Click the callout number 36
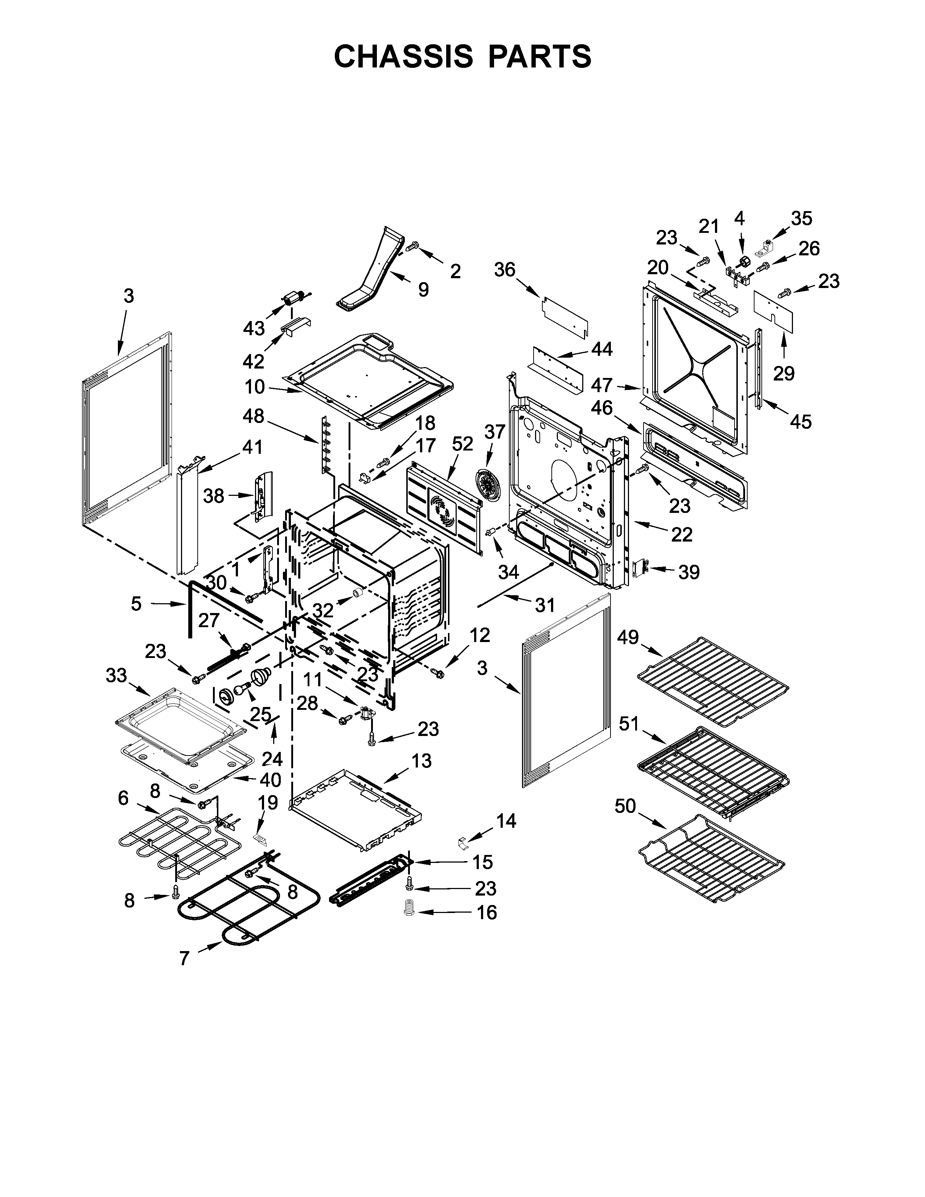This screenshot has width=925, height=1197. tap(505, 270)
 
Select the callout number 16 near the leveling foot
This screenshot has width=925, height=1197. tap(486, 913)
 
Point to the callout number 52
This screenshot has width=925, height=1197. tap(462, 444)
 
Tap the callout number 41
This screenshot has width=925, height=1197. tap(252, 447)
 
